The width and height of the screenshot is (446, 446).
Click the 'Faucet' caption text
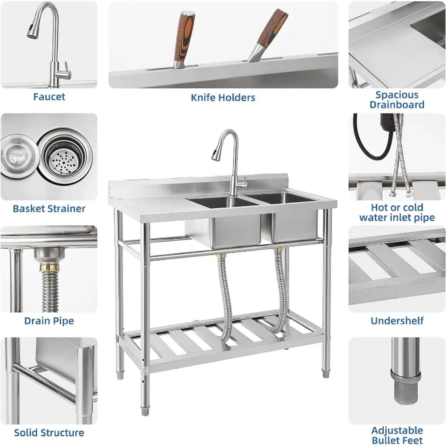point(49,97)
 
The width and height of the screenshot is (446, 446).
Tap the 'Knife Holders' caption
point(223,98)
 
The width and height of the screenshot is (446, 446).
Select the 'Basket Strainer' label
point(49,209)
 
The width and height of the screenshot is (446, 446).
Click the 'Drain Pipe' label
point(49,321)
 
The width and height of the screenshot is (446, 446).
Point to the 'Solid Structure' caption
point(49,432)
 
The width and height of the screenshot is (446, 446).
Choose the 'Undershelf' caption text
point(397,321)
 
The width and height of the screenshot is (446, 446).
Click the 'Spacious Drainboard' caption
point(397,100)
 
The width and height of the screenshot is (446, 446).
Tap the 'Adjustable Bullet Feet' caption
point(397,435)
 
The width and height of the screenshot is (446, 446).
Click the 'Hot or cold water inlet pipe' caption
point(397,213)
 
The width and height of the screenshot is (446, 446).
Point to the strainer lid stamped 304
point(17,155)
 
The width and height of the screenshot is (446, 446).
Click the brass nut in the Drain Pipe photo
point(50,267)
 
